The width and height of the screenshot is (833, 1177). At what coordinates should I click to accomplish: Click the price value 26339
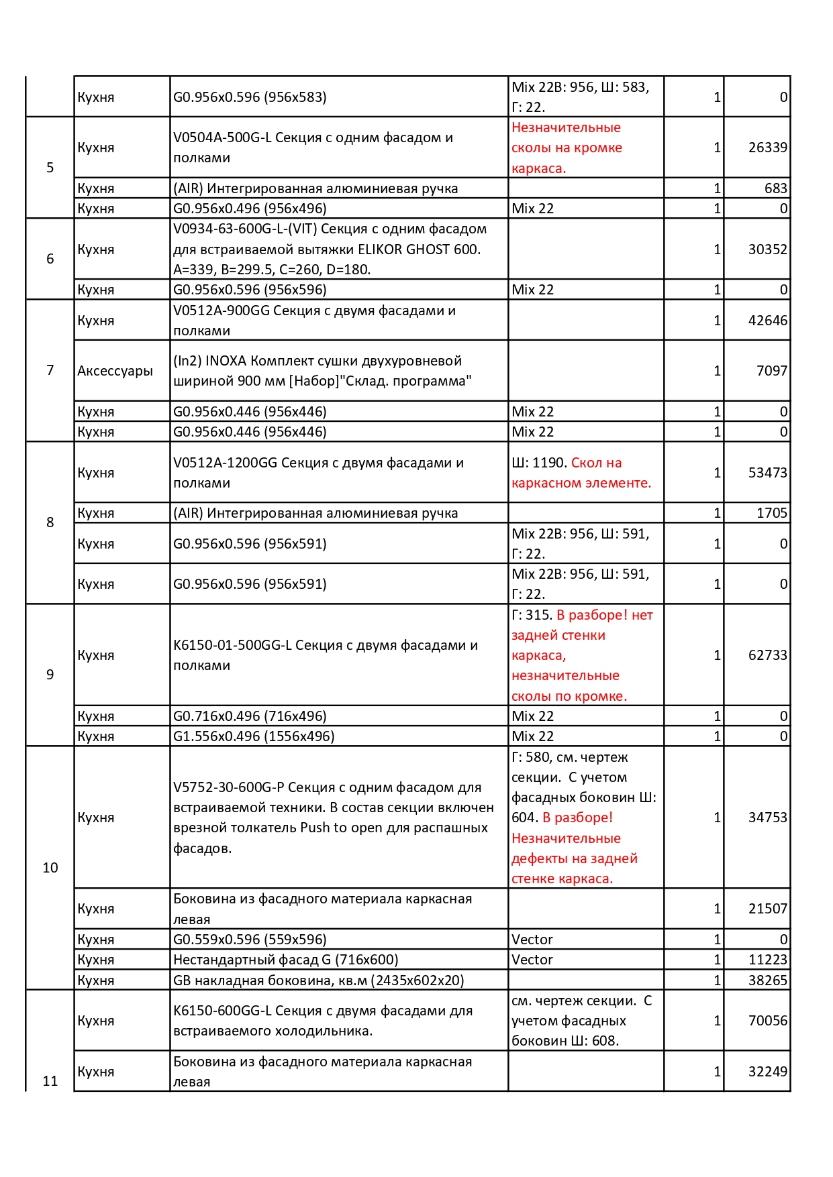(x=767, y=148)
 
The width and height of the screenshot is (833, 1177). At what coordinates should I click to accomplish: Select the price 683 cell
(x=775, y=188)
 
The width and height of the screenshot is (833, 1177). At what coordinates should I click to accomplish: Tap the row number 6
(x=50, y=259)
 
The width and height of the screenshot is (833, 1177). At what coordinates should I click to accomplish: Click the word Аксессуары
(x=115, y=371)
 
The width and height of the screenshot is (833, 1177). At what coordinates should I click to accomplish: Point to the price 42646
(x=767, y=321)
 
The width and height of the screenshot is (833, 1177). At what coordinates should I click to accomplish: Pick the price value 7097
(x=771, y=371)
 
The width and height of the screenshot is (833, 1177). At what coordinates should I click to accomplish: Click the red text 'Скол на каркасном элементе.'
(x=581, y=473)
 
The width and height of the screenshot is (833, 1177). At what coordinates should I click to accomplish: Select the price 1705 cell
(x=771, y=513)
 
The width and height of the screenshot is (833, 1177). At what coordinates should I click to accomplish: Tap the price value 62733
(x=767, y=655)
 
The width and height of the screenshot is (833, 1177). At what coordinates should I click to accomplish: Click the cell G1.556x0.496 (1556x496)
(x=254, y=736)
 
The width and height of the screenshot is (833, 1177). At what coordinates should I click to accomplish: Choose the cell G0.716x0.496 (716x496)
(x=250, y=716)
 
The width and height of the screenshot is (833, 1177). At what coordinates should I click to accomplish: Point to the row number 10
(x=50, y=868)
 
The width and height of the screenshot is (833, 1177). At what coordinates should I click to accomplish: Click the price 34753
(x=767, y=818)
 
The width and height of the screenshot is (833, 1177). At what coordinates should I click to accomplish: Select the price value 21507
(x=767, y=909)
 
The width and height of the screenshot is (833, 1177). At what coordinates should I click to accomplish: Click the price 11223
(x=767, y=960)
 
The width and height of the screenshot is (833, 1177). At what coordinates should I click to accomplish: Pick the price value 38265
(x=767, y=980)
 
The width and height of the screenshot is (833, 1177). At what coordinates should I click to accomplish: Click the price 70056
(x=767, y=1021)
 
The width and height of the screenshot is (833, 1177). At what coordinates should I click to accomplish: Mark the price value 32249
(x=767, y=1072)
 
